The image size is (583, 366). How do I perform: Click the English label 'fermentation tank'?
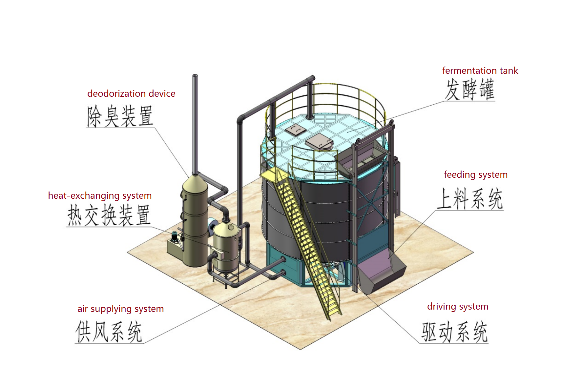point(480,71)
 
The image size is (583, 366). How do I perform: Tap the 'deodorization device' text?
point(131,94)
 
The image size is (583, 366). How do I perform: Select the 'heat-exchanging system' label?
point(100,196)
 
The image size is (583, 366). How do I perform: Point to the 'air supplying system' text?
point(120,309)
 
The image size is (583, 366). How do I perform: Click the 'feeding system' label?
point(475,174)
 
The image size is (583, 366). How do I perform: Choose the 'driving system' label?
point(457,307)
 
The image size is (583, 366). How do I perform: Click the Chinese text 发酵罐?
point(469,90)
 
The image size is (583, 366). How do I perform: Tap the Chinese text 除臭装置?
point(120,116)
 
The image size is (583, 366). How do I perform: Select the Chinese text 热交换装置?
point(109,215)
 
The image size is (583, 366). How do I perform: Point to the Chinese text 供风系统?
point(109,332)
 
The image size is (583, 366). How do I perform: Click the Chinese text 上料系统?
point(469,199)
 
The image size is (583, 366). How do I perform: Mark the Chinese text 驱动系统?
point(454,332)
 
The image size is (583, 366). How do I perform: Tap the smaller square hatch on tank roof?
point(296,130)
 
